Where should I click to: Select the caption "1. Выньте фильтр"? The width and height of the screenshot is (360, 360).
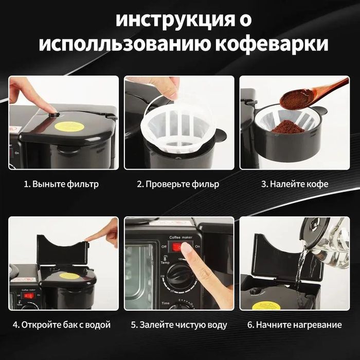click(62, 184)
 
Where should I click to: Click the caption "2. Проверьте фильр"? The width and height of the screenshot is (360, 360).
click(178, 184)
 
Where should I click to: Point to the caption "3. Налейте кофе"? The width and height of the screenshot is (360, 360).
click(295, 184)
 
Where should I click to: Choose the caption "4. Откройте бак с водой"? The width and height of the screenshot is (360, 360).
click(62, 325)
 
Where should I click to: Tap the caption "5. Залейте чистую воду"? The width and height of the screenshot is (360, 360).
click(178, 325)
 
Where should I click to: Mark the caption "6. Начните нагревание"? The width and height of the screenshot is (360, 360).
click(294, 325)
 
